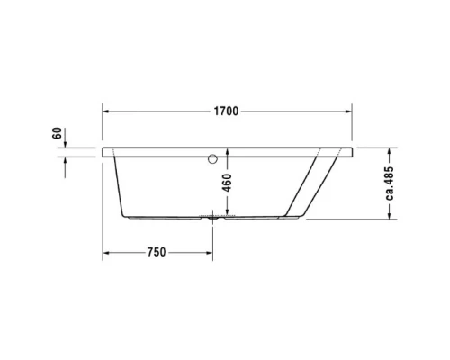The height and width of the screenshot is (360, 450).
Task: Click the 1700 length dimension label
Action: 226,112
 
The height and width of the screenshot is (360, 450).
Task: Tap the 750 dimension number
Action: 157,252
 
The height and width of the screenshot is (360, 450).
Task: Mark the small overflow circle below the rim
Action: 212,161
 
